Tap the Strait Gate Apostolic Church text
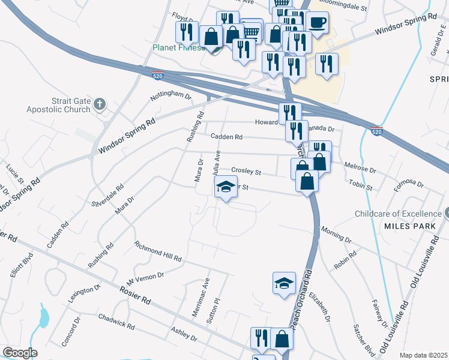click(x=59, y=106)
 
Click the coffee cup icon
click(x=317, y=23)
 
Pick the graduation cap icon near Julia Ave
click(x=226, y=187)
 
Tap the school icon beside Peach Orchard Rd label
click(x=285, y=283)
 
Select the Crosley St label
click(x=246, y=172)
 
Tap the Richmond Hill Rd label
click(x=158, y=252)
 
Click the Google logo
click(x=20, y=352)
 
